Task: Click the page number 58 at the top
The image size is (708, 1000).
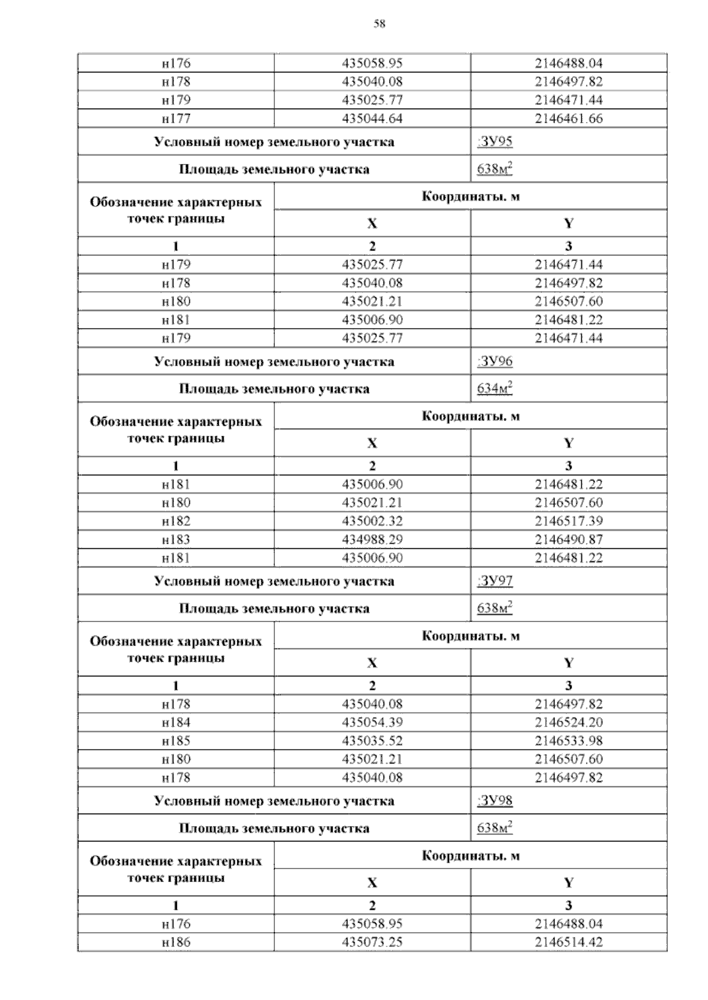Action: pyautogui.click(x=379, y=24)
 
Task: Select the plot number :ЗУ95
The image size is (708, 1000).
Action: pyautogui.click(x=494, y=142)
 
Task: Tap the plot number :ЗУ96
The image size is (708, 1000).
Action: pyautogui.click(x=494, y=361)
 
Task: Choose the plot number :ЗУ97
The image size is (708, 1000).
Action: pyautogui.click(x=494, y=581)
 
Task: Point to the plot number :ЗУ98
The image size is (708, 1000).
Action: pyautogui.click(x=494, y=801)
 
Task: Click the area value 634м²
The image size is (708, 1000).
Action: pyautogui.click(x=494, y=389)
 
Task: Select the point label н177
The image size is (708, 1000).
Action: pyautogui.click(x=176, y=119)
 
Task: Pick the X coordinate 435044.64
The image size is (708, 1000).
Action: pyautogui.click(x=372, y=119)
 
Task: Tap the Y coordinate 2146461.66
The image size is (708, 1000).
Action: pyautogui.click(x=569, y=119)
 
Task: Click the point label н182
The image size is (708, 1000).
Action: pyautogui.click(x=176, y=521)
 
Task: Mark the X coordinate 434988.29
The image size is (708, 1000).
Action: pyautogui.click(x=372, y=540)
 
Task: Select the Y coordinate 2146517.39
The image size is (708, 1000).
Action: pyautogui.click(x=569, y=521)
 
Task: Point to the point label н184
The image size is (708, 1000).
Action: pyautogui.click(x=176, y=722)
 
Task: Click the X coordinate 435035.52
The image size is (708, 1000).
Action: pyautogui.click(x=372, y=741)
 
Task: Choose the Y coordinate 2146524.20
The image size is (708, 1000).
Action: pyautogui.click(x=569, y=722)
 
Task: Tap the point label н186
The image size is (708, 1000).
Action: pyautogui.click(x=176, y=942)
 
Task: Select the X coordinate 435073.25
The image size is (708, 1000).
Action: pyautogui.click(x=372, y=942)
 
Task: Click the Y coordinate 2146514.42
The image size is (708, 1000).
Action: pyautogui.click(x=569, y=942)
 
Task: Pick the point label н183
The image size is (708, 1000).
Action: pyautogui.click(x=176, y=540)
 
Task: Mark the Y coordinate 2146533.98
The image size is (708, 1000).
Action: pyautogui.click(x=569, y=741)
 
